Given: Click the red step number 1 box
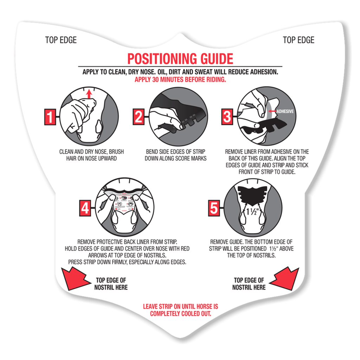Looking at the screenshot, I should tap(50, 117).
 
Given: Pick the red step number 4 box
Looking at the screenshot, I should tap(85, 208).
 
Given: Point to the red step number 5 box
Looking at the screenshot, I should tap(214, 208).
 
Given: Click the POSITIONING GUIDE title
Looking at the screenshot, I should tap(180, 58).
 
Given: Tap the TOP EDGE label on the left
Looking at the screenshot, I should tap(61, 40).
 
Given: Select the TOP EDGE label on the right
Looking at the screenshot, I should tap(298, 40).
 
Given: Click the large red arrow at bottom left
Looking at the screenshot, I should tap(75, 278).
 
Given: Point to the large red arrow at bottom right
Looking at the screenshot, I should tap(285, 278).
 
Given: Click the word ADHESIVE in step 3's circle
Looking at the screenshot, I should tap(285, 111).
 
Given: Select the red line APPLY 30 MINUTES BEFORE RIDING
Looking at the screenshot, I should tap(180, 79).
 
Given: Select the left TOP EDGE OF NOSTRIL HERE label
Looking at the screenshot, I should tap(111, 284).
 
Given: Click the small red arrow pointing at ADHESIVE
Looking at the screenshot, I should tap(271, 111).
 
